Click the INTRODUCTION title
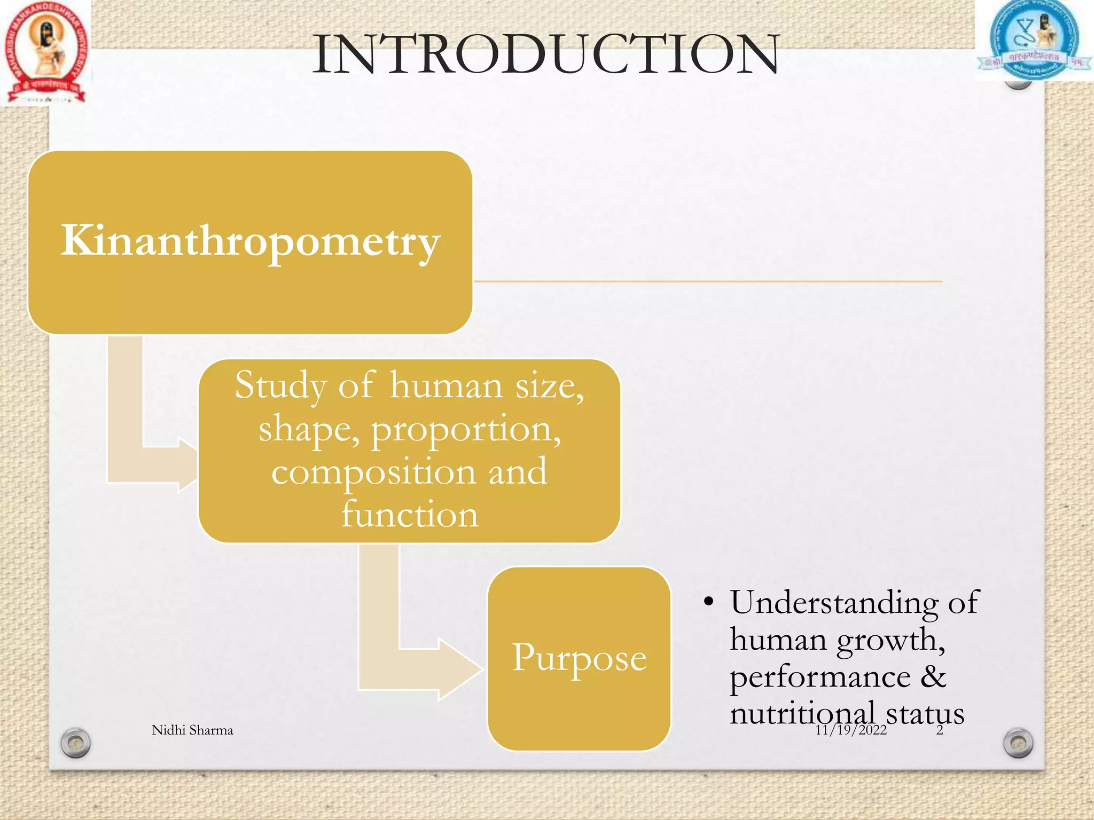[x=546, y=54]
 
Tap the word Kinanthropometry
[x=250, y=241]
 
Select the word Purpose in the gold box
[x=579, y=658]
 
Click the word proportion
[x=466, y=429]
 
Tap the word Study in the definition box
[x=280, y=385]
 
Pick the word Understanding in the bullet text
[x=834, y=603]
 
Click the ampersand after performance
[x=933, y=676]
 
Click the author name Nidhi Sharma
[x=192, y=730]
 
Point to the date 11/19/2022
[x=850, y=730]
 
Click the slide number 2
[x=940, y=730]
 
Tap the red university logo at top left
[x=45, y=52]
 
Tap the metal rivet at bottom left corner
[x=75, y=742]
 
